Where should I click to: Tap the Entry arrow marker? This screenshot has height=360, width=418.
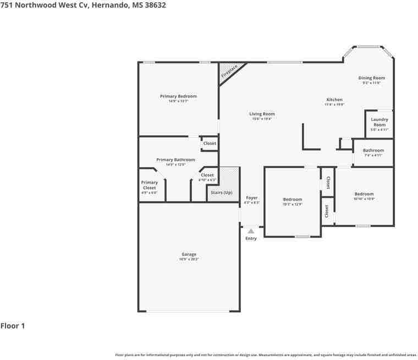point(251,231)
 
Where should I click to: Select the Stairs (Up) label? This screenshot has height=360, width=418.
point(219,192)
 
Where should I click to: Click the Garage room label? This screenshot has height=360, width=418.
point(189,254)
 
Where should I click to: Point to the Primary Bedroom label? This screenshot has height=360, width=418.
point(178,96)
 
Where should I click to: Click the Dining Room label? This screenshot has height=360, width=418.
point(371,78)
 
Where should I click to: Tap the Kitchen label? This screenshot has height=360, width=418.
point(334,100)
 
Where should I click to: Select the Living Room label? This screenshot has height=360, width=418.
point(262,114)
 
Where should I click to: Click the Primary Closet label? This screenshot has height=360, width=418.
point(149,185)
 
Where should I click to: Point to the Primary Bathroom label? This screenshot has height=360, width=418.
point(175,160)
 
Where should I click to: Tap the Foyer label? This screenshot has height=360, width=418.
point(251,198)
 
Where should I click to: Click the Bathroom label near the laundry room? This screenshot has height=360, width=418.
point(373,150)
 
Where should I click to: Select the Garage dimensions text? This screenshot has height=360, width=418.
point(189,259)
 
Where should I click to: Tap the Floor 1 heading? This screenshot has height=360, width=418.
point(13,326)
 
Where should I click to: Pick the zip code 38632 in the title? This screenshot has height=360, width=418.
point(154,5)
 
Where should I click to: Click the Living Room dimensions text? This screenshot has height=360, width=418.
point(262,119)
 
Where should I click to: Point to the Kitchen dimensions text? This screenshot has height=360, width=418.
point(334,104)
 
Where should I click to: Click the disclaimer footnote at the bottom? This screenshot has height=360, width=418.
point(266,355)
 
